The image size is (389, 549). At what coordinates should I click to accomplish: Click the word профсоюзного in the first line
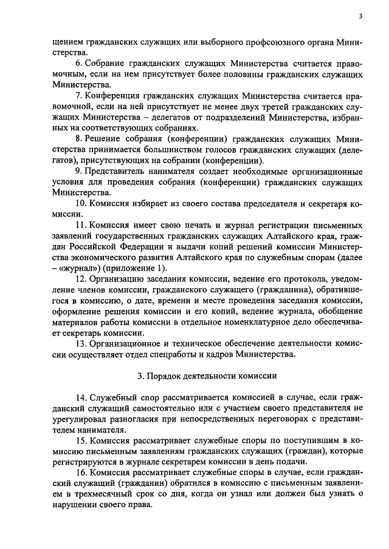click(239, 41)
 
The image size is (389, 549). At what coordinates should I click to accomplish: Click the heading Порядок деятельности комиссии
click(207, 377)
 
